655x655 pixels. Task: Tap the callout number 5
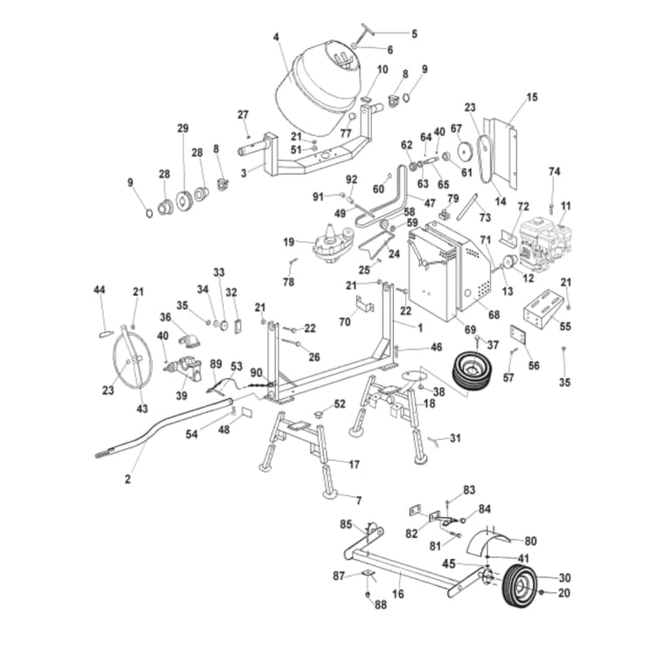[414, 34]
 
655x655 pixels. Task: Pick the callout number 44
[100, 289]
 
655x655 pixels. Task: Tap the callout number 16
[398, 593]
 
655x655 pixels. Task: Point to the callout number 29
[183, 128]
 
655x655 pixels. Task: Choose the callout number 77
[346, 134]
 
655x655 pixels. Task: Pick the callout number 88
[380, 604]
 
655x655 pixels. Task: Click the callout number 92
[352, 179]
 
